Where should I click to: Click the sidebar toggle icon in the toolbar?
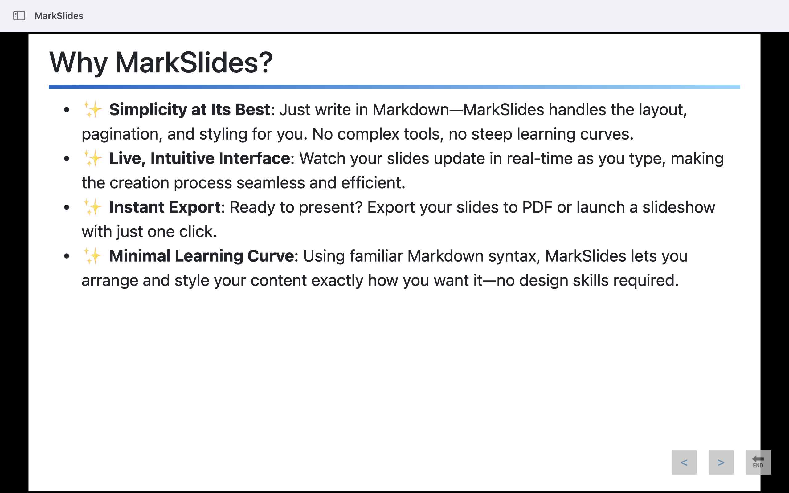[x=19, y=16]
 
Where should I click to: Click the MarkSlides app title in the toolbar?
[x=59, y=16]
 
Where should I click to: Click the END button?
[x=758, y=462]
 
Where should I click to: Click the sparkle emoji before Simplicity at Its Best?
[x=92, y=109]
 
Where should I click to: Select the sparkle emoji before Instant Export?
[x=92, y=207]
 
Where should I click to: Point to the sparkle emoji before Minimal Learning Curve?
[x=92, y=256]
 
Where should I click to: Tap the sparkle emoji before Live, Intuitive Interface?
[x=92, y=158]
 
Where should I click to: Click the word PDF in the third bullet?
[x=537, y=207]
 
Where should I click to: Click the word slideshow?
[x=679, y=207]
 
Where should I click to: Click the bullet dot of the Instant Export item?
[x=67, y=207]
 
